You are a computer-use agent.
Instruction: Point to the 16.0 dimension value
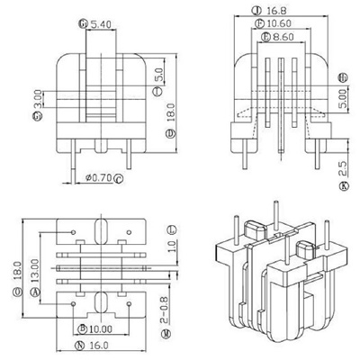[102, 345]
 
